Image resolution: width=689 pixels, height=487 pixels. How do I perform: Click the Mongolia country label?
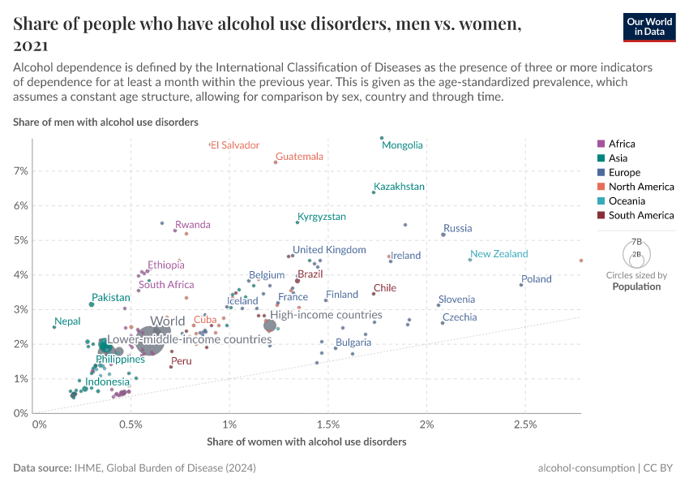click(x=402, y=145)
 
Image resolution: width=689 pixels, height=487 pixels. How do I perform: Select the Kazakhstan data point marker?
click(x=374, y=192)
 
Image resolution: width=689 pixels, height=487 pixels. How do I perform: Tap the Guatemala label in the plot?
click(x=299, y=157)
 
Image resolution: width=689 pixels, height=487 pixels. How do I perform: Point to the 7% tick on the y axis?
click(x=19, y=171)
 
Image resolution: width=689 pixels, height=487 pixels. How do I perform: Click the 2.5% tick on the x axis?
click(x=525, y=425)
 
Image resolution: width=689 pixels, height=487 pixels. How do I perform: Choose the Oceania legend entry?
click(x=627, y=201)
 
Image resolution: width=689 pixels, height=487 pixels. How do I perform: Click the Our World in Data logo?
click(x=649, y=26)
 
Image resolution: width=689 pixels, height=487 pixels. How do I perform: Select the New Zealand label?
click(x=499, y=254)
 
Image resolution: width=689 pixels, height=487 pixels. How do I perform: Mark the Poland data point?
click(x=521, y=285)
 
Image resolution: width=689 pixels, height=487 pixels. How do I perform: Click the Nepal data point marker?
click(x=54, y=327)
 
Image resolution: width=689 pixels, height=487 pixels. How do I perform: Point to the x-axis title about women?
click(x=306, y=442)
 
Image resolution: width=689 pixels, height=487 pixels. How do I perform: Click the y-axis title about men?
click(x=105, y=122)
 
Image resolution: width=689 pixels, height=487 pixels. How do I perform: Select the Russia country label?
click(x=457, y=229)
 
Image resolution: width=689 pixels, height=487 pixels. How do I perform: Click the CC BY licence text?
click(x=662, y=468)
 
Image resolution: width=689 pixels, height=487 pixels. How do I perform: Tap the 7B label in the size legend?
click(x=636, y=242)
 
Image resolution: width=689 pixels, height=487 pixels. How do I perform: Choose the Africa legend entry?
click(x=622, y=144)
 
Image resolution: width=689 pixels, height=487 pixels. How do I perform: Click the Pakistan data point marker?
click(x=92, y=304)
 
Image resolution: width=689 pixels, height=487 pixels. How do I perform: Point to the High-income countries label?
click(x=326, y=315)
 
